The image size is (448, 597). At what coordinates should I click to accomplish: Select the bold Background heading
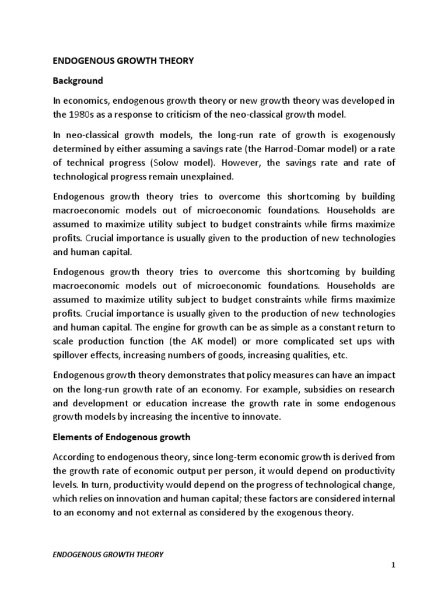click(x=78, y=80)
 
